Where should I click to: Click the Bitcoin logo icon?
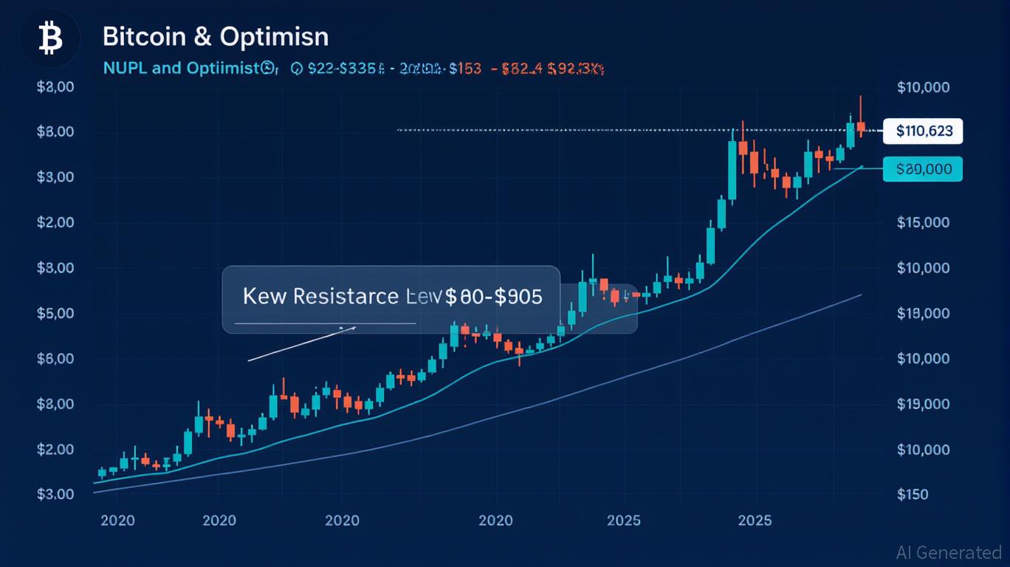50,38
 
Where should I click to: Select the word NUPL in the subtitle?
126,69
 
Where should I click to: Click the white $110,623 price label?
923,132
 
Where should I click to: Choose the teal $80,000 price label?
923,169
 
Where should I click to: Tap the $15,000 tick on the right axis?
923,223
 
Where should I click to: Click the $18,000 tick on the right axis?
923,314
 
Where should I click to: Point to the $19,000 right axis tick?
923,404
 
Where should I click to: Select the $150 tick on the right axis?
913,495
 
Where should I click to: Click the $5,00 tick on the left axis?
55,314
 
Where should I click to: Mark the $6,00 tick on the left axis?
55,359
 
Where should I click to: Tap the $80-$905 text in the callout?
492,297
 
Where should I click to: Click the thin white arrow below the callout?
302,343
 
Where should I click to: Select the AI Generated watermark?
948,552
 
